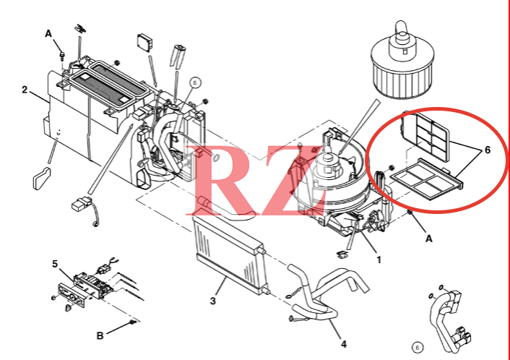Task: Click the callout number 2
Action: (25, 90)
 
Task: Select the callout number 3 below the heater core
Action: (212, 301)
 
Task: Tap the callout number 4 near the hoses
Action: (344, 343)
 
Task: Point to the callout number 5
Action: (55, 264)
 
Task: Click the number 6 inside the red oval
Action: (487, 150)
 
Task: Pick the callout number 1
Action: (379, 260)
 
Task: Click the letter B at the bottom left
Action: (100, 335)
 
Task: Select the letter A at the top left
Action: (48, 33)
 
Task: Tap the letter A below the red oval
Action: (429, 239)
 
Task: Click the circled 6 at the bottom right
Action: (418, 347)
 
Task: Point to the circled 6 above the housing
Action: (195, 82)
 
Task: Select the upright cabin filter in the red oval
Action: (425, 137)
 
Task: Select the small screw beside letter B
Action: (132, 322)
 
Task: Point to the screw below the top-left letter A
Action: (61, 56)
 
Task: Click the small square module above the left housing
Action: (144, 42)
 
